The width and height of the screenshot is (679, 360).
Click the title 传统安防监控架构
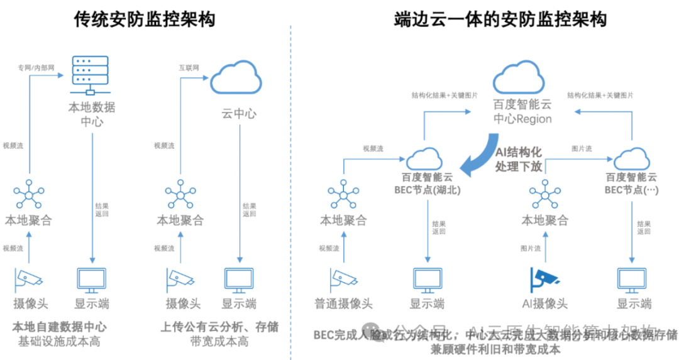144,19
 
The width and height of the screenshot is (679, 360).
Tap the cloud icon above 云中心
236,79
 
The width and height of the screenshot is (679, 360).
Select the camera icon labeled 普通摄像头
343,278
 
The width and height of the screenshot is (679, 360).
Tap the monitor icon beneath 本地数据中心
92,279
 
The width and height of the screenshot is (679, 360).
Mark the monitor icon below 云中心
239,279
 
